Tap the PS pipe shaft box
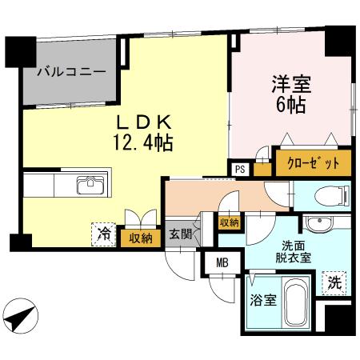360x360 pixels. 239,169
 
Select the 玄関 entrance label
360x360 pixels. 178,235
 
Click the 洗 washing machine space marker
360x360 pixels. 335,281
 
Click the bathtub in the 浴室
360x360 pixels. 298,303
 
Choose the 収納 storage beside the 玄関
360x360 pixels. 229,222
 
